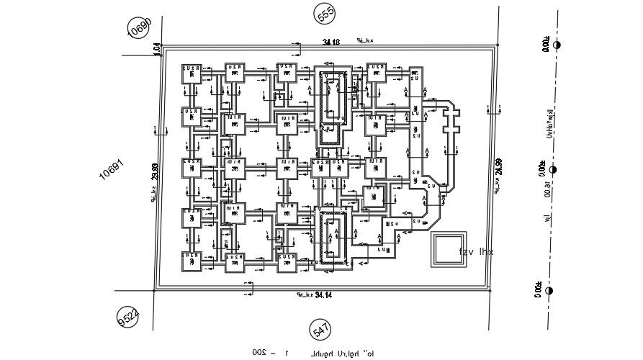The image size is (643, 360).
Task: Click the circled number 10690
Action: pyautogui.click(x=139, y=28)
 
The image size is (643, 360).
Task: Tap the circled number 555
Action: pyautogui.click(x=325, y=14)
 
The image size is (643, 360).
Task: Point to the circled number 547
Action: pyautogui.click(x=321, y=330)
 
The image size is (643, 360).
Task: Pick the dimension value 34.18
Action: pyautogui.click(x=332, y=42)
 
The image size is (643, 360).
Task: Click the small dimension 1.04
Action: pyautogui.click(x=156, y=48)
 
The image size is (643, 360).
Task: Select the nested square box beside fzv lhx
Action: pyautogui.click(x=444, y=250)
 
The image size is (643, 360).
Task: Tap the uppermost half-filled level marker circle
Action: pyautogui.click(x=557, y=45)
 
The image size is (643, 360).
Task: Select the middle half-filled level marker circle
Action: pyautogui.click(x=553, y=170)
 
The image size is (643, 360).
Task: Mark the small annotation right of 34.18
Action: pyautogui.click(x=364, y=41)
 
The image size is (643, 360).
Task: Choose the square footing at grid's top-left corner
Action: pyautogui.click(x=191, y=73)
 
